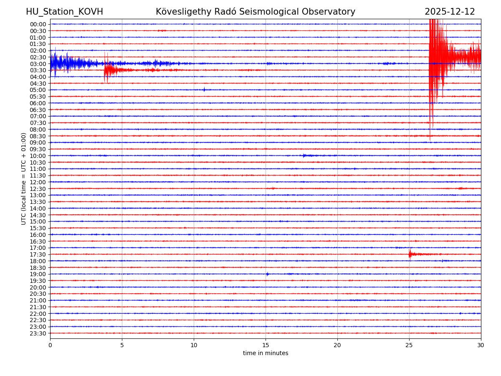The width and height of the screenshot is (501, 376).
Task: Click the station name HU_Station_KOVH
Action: (x=64, y=12)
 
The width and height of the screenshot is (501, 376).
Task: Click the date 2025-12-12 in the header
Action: (x=450, y=12)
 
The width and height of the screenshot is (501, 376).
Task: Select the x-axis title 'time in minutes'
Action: (x=266, y=353)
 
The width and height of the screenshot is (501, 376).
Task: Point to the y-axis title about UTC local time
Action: (x=24, y=178)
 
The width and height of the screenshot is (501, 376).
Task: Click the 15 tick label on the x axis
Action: (x=266, y=345)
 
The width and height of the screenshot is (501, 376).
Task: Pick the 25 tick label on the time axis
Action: (x=409, y=345)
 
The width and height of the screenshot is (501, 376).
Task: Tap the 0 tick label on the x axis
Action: (x=50, y=345)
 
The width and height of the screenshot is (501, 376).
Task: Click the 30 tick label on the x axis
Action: (x=481, y=345)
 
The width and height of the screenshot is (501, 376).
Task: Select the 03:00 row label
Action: (x=38, y=64)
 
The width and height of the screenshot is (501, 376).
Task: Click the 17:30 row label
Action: (x=38, y=254)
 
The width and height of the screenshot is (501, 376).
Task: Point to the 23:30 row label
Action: (x=38, y=333)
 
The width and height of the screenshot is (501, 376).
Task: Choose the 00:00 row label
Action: (x=38, y=24)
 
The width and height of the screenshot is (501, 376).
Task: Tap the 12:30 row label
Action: (x=38, y=189)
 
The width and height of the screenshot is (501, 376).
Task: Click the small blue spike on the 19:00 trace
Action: (x=267, y=274)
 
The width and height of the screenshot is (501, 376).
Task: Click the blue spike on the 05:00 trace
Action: (x=204, y=89)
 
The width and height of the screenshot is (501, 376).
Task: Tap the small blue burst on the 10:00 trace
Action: (x=304, y=155)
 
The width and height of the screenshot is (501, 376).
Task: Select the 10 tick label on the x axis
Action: (x=194, y=345)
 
